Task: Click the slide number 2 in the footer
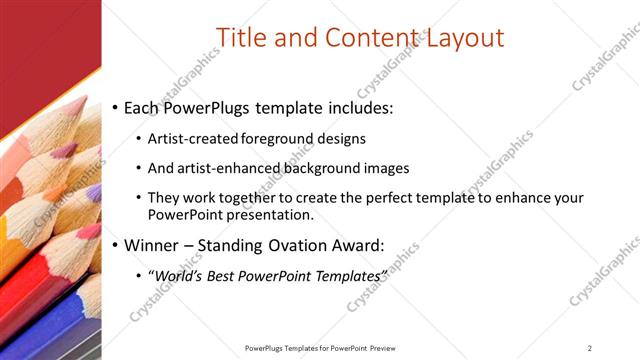coord(589,347)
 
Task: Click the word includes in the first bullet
coord(350,106)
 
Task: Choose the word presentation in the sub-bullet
coord(273,214)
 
